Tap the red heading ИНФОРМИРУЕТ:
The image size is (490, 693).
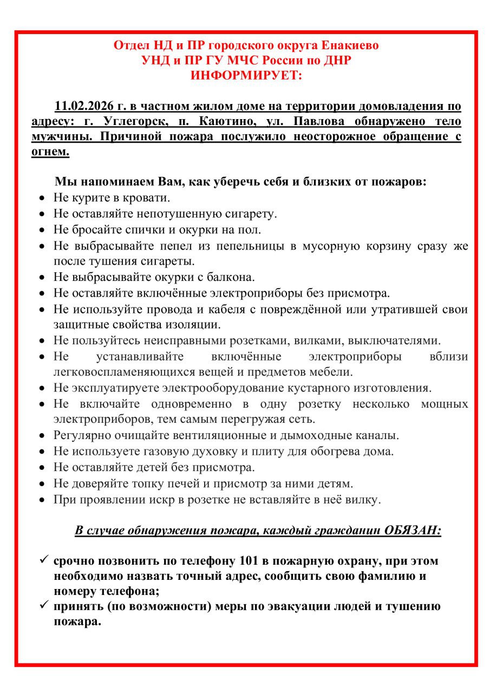click(246, 76)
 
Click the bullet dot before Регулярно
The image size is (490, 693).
click(43, 436)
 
